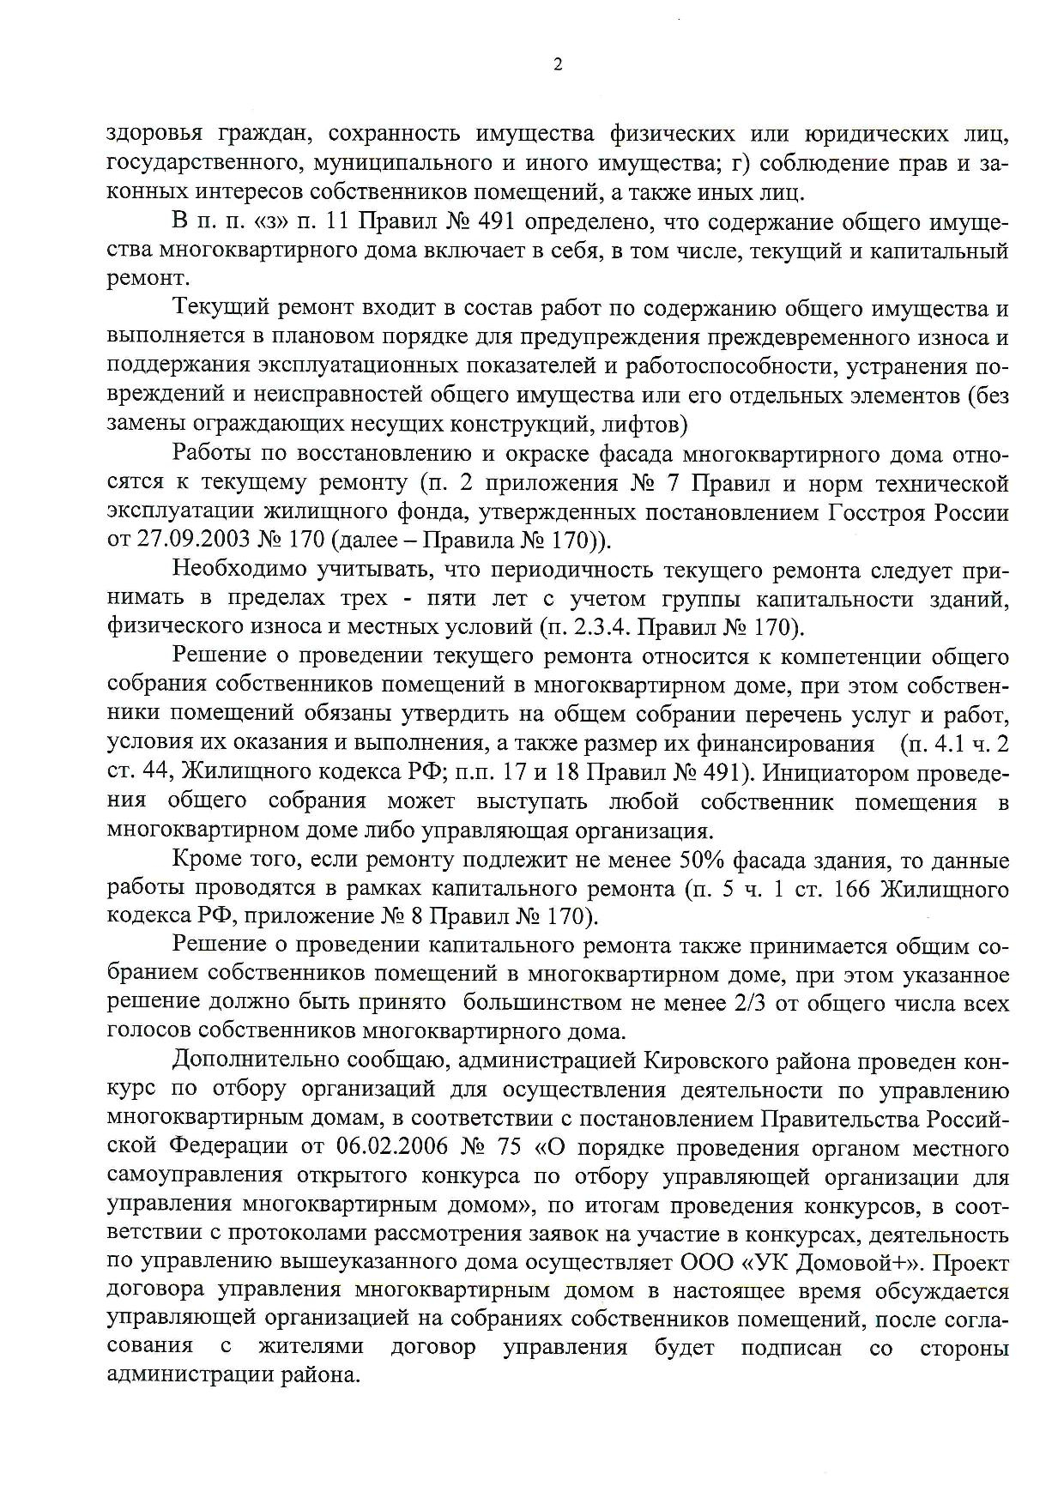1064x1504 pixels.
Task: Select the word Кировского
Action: (x=710, y=1060)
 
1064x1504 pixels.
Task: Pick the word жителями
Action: (x=311, y=1346)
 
